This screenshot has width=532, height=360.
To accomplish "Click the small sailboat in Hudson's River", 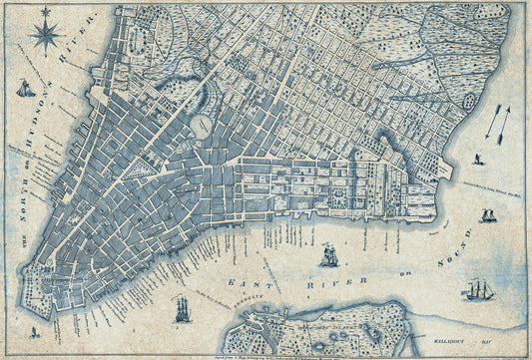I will tap(25, 89).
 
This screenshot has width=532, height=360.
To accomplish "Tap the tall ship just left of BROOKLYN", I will tap(182, 310).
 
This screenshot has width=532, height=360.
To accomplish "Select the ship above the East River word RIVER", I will tap(327, 256).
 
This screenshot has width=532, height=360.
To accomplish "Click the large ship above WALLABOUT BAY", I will tap(478, 290).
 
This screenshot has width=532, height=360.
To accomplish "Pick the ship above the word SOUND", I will tap(488, 215).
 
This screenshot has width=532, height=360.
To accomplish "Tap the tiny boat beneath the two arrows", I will tap(479, 158).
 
